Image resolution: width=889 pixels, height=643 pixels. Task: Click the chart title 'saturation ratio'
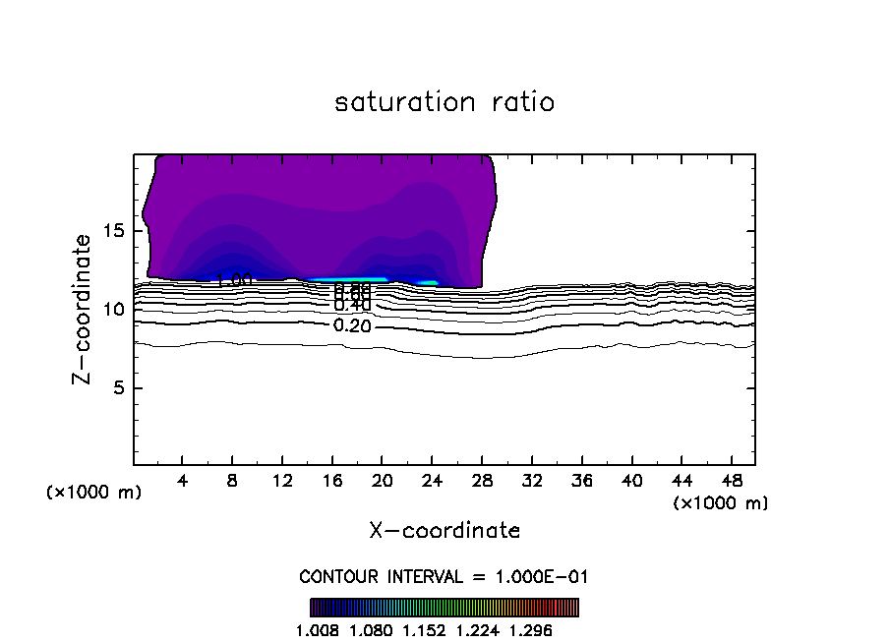pyautogui.click(x=444, y=102)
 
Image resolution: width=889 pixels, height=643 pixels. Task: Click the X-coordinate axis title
pyautogui.click(x=444, y=531)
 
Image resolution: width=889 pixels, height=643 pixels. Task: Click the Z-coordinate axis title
pyautogui.click(x=84, y=309)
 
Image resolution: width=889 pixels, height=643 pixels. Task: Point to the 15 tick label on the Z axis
pyautogui.click(x=113, y=231)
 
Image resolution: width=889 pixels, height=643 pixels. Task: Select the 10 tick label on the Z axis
pyautogui.click(x=113, y=310)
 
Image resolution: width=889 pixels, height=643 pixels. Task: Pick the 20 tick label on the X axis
pyautogui.click(x=383, y=482)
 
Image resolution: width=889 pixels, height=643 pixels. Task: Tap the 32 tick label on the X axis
pyautogui.click(x=532, y=482)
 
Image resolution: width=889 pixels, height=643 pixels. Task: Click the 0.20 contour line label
pyautogui.click(x=352, y=326)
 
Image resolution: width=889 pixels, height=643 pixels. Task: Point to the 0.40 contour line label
pyautogui.click(x=352, y=306)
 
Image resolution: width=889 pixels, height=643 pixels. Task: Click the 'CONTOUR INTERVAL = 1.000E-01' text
pyautogui.click(x=444, y=576)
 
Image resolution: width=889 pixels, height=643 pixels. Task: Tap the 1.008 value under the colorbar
pyautogui.click(x=316, y=630)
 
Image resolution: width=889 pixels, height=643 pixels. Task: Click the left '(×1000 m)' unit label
pyautogui.click(x=94, y=493)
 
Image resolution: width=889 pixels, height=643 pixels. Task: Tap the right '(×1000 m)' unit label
pyautogui.click(x=721, y=502)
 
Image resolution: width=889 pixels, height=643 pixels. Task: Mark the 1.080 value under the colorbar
pyautogui.click(x=370, y=630)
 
